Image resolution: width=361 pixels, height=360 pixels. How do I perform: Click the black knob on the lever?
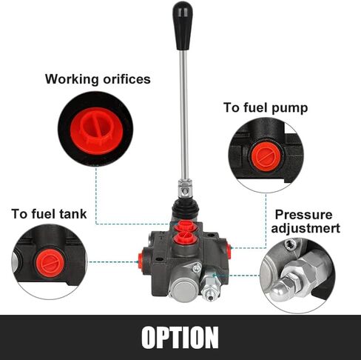[183, 26]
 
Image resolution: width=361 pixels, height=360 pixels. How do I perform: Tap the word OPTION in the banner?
[180, 337]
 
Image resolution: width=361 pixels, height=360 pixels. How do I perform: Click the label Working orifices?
[98, 79]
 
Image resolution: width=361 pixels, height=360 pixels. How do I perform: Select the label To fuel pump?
[266, 108]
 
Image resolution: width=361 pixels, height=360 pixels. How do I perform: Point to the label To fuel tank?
[49, 214]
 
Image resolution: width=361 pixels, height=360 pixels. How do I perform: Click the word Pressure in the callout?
[303, 215]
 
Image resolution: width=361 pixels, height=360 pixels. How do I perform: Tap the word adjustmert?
[306, 228]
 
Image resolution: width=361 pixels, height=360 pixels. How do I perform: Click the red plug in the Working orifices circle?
[96, 130]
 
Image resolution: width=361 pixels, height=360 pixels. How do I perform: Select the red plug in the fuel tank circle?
[51, 263]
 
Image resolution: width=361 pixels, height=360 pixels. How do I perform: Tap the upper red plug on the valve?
[186, 226]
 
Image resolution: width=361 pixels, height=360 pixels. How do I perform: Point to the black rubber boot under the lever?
[185, 210]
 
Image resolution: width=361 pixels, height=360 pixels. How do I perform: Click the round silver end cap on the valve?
[183, 287]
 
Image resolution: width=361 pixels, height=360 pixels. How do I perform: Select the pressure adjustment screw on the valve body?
[210, 287]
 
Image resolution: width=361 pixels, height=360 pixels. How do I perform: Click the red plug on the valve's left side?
[141, 261]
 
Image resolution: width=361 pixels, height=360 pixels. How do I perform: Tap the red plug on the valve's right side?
[229, 251]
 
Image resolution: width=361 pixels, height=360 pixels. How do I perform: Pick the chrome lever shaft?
[183, 115]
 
